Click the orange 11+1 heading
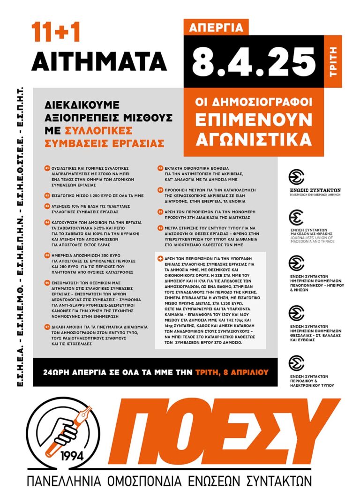56,32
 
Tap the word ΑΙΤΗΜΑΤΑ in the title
100,61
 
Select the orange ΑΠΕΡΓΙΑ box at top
216,28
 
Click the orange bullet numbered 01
47,168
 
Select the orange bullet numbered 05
47,255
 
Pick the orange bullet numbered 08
160,167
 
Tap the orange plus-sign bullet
160,259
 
